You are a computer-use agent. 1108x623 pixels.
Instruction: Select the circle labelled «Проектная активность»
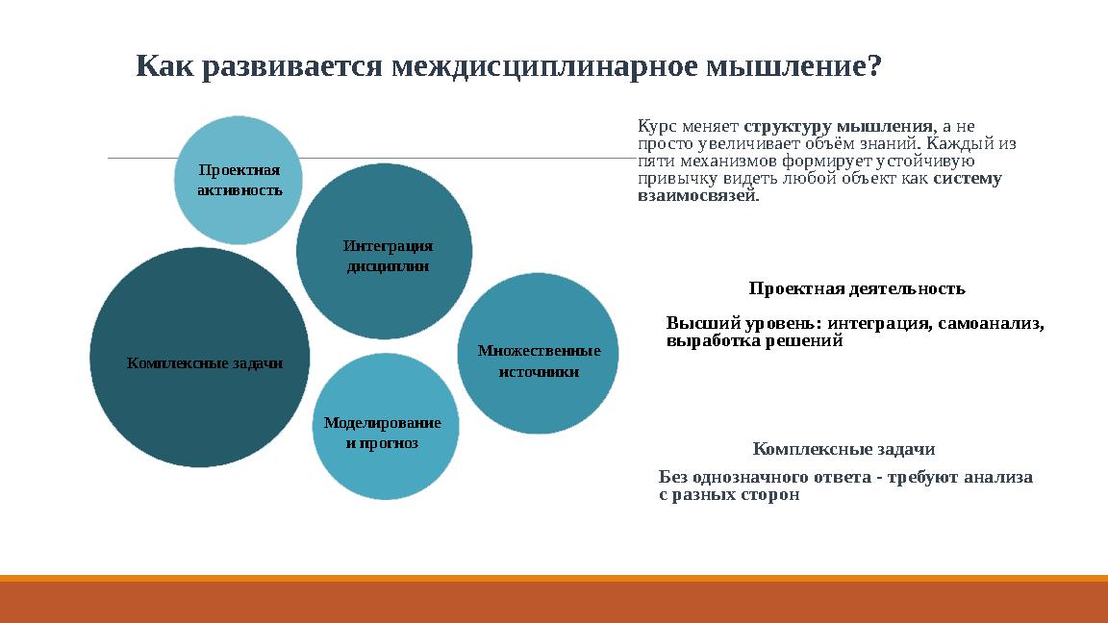pyautogui.click(x=239, y=180)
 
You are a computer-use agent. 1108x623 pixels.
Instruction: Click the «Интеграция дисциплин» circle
pyautogui.click(x=384, y=252)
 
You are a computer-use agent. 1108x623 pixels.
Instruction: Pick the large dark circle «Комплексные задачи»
pyautogui.click(x=200, y=358)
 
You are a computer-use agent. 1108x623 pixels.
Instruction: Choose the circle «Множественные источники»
pyautogui.click(x=538, y=353)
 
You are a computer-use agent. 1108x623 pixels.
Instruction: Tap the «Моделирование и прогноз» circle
pyautogui.click(x=383, y=427)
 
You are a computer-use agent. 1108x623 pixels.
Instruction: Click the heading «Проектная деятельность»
pyautogui.click(x=856, y=288)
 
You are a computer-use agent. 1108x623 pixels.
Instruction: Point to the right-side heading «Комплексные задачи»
pyautogui.click(x=844, y=449)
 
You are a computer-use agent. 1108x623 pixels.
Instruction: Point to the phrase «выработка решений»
pyautogui.click(x=754, y=341)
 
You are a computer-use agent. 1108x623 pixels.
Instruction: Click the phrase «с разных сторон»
pyautogui.click(x=729, y=495)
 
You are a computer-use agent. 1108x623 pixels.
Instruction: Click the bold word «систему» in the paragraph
pyautogui.click(x=968, y=179)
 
